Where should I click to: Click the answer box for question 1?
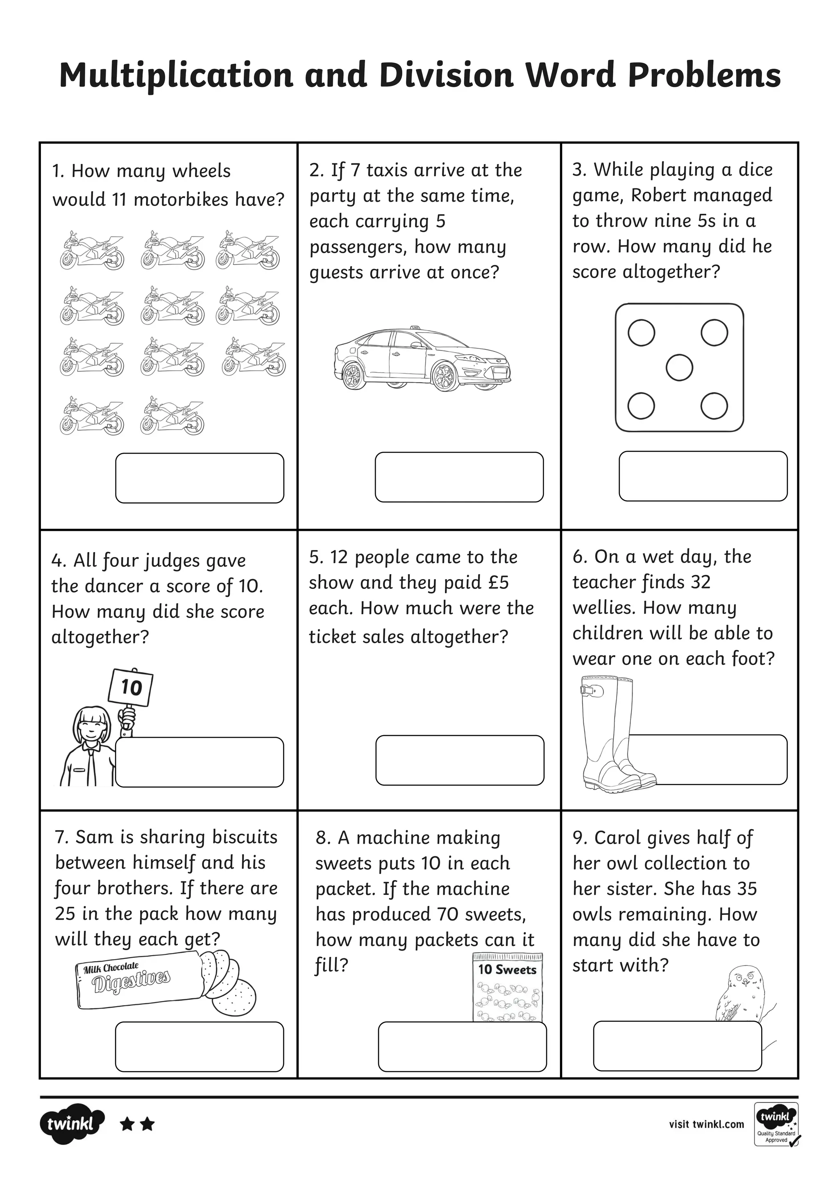(x=200, y=478)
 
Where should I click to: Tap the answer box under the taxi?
(x=459, y=477)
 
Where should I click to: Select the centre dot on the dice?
(x=679, y=368)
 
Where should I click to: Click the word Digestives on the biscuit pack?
(x=131, y=982)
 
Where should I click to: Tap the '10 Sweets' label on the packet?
(x=507, y=970)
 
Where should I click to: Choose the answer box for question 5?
(x=459, y=760)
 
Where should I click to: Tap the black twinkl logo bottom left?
(x=71, y=1124)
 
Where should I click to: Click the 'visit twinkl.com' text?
(x=706, y=1124)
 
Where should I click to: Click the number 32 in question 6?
(x=700, y=582)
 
